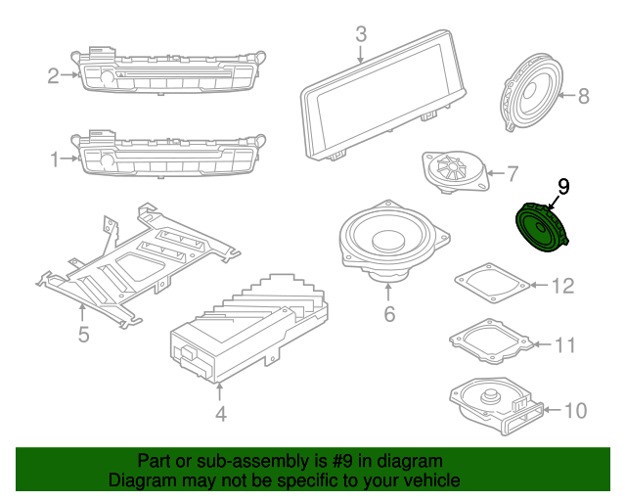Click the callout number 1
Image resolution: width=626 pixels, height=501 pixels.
55,157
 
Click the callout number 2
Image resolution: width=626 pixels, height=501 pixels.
55,73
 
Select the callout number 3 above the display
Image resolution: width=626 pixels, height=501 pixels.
361,34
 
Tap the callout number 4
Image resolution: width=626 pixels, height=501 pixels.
221,414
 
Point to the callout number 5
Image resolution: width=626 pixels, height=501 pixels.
83,335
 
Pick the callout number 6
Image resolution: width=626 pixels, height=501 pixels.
388,314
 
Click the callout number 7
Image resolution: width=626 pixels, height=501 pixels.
513,175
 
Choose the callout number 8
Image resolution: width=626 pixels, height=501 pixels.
584,96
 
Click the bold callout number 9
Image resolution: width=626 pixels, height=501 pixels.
562,185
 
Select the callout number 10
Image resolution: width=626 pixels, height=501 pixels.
576,409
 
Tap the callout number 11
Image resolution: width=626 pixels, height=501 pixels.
565,345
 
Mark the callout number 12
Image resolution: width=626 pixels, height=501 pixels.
562,287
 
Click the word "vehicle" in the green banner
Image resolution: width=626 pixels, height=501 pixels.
427,480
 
